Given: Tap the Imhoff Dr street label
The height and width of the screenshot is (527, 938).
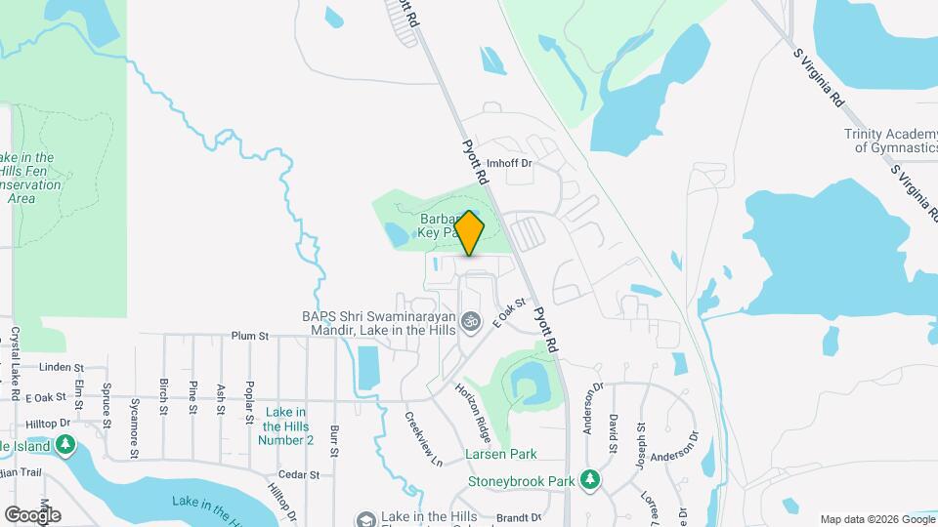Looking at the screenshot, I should coord(508,163).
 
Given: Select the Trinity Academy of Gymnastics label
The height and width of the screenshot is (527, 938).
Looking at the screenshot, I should coord(891,142).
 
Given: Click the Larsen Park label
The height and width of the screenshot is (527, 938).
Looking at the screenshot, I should coord(501,454).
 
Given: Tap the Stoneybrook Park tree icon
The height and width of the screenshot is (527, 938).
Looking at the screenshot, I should coord(589,479).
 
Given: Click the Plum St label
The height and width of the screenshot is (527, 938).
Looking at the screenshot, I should coord(250,336).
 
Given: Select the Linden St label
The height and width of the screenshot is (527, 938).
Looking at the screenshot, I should coord(61,367).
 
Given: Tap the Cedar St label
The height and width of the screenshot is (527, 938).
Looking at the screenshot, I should coord(300,474).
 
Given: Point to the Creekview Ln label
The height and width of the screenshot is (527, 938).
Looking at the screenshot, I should coord(424,436).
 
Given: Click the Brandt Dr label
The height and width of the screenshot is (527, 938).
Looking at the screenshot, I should coord(518,517).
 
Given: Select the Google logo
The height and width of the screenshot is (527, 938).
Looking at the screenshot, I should coord(32,514).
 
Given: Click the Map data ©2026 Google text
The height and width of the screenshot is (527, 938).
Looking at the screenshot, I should coord(876,519).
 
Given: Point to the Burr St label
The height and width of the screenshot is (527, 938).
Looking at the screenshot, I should coord(334,441).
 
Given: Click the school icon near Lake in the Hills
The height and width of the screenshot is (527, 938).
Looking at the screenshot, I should coord(365,520).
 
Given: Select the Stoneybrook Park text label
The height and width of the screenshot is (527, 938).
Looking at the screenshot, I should coord(522,481).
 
